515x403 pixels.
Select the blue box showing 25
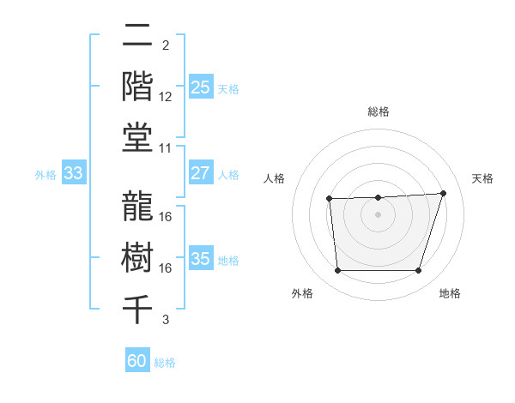(x=201, y=87)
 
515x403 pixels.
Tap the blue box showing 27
(x=201, y=173)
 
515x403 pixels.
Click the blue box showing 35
(x=201, y=259)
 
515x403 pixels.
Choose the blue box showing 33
(x=74, y=174)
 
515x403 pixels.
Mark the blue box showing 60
(x=137, y=361)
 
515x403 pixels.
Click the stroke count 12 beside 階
(x=166, y=97)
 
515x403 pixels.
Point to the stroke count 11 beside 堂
(x=166, y=148)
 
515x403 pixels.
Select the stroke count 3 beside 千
(x=166, y=320)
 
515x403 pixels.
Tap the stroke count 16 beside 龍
(x=166, y=217)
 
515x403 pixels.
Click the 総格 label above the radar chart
(x=378, y=111)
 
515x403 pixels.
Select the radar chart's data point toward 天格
(x=443, y=193)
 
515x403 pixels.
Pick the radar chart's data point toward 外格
(x=337, y=271)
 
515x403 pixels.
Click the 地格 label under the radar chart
(x=450, y=294)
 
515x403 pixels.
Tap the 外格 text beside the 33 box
(x=45, y=175)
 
